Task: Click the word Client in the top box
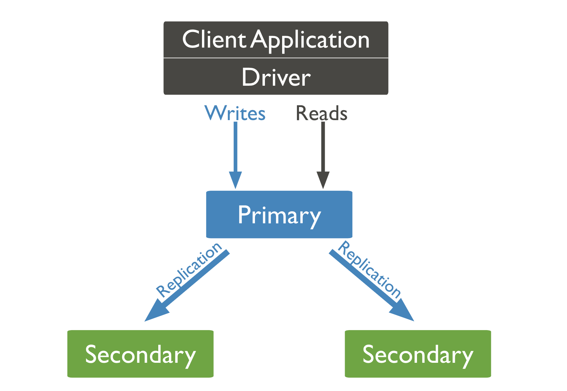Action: pyautogui.click(x=214, y=40)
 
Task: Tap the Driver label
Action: pyautogui.click(x=276, y=77)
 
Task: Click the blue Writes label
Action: pyautogui.click(x=235, y=113)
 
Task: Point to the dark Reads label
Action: pyautogui.click(x=322, y=113)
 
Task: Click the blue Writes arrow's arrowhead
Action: pyautogui.click(x=236, y=180)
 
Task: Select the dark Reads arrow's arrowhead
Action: pyautogui.click(x=323, y=180)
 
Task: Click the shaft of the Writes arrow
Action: pyautogui.click(x=236, y=148)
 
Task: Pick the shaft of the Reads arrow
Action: pyautogui.click(x=323, y=148)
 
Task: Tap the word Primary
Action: pyautogui.click(x=279, y=215)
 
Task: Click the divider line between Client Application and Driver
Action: pyautogui.click(x=276, y=58)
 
